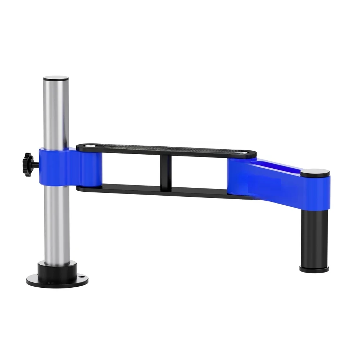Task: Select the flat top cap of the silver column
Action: [56, 78]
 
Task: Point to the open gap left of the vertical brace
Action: [131, 170]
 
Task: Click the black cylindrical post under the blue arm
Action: [315, 237]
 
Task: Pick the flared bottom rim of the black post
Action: [314, 268]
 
